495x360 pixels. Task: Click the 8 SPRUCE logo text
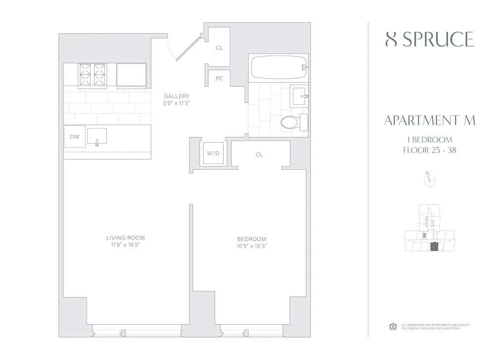click(429, 40)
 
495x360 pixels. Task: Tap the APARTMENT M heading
click(429, 121)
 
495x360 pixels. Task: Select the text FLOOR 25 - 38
click(429, 150)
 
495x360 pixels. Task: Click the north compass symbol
click(429, 181)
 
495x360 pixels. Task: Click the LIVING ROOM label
click(125, 238)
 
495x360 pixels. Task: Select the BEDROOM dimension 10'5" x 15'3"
click(252, 246)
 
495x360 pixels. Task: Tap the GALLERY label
click(177, 96)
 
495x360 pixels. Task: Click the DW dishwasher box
click(75, 136)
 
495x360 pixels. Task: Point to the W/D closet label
click(213, 154)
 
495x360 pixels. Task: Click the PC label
click(219, 78)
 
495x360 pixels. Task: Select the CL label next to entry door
click(219, 49)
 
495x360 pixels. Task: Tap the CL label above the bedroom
click(259, 155)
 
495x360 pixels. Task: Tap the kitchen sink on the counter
click(97, 136)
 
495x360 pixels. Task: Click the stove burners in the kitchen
click(93, 75)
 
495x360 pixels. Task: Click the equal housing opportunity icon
click(393, 326)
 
